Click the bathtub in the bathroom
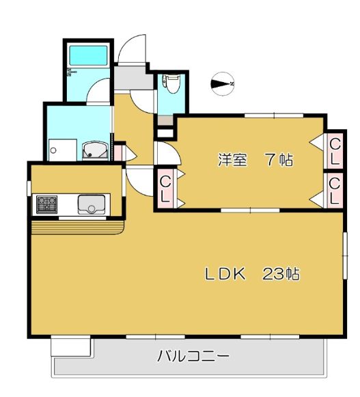pyautogui.click(x=88, y=55)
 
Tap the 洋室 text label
pyautogui.click(x=231, y=161)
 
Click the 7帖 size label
pyautogui.click(x=279, y=161)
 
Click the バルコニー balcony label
pyautogui.click(x=193, y=356)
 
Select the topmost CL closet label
pyautogui.click(x=335, y=150)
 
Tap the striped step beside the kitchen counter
pyautogui.click(x=75, y=227)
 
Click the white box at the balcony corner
pyautogui.click(x=71, y=346)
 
